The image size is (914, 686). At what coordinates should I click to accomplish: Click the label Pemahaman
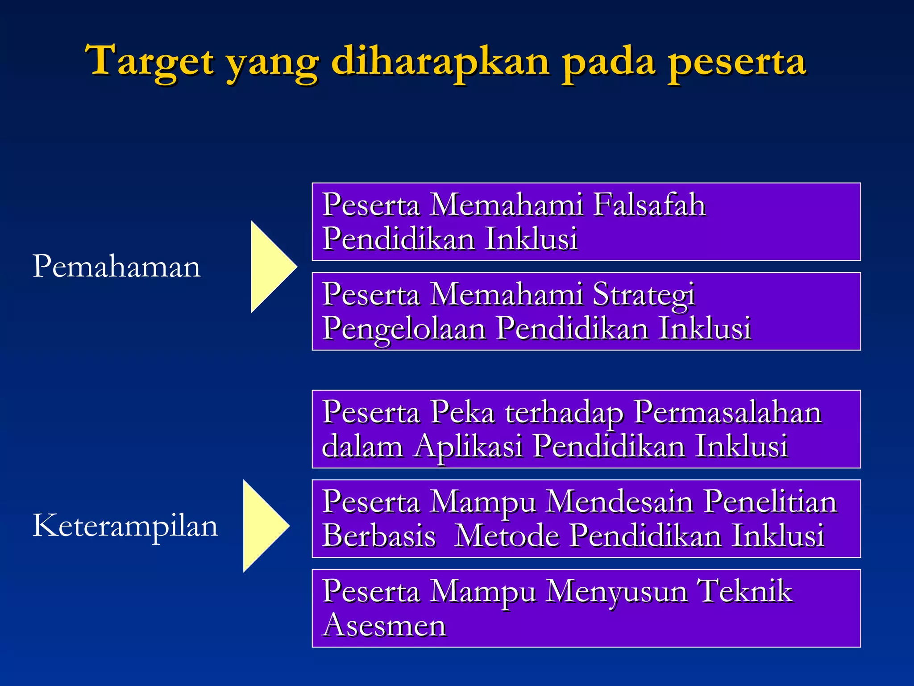[116, 267]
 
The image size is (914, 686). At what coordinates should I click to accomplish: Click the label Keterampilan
[125, 526]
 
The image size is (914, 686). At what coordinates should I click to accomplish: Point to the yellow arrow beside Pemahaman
[269, 267]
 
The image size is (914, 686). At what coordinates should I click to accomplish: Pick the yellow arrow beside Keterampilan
[262, 526]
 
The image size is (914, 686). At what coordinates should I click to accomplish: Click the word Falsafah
[649, 205]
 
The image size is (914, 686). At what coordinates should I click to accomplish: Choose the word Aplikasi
[467, 447]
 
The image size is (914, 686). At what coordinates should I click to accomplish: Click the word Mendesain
[619, 502]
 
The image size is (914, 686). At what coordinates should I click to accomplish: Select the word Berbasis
[378, 535]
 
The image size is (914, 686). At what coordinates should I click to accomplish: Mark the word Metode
[507, 535]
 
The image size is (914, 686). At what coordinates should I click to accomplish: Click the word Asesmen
[384, 625]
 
